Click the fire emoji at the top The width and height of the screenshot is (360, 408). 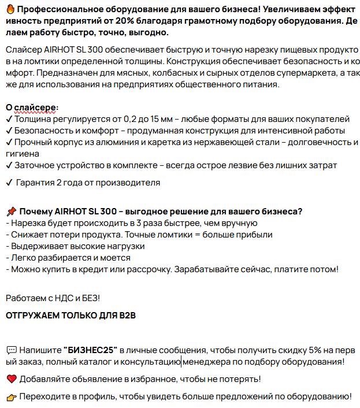point(10,9)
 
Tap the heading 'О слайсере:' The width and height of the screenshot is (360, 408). point(32,107)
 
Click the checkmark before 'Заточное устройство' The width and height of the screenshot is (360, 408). point(9,165)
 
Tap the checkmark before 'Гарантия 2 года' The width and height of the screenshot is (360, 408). point(9,183)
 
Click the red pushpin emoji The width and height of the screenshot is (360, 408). point(11,211)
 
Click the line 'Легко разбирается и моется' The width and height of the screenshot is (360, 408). point(68,258)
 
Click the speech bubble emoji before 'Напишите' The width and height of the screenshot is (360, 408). point(11,350)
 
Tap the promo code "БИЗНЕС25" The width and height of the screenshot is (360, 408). point(91,350)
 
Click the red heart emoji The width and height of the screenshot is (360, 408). point(11,379)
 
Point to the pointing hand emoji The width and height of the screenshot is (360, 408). point(11,397)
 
